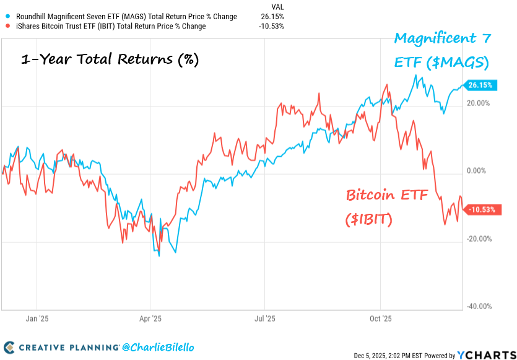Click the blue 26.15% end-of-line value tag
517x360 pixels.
click(481, 85)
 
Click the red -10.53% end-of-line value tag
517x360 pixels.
click(482, 209)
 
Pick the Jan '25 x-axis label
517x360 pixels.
click(37, 318)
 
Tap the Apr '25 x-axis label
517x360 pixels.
click(150, 318)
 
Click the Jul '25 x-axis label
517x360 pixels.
click(265, 318)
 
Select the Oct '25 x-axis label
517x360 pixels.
click(380, 318)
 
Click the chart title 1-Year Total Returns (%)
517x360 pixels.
click(110, 60)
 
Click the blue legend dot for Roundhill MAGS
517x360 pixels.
click(6, 17)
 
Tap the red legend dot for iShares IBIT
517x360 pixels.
click(6, 27)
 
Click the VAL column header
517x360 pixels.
click(278, 6)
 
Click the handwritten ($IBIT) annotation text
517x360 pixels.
click(368, 219)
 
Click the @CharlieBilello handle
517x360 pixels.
click(159, 348)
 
